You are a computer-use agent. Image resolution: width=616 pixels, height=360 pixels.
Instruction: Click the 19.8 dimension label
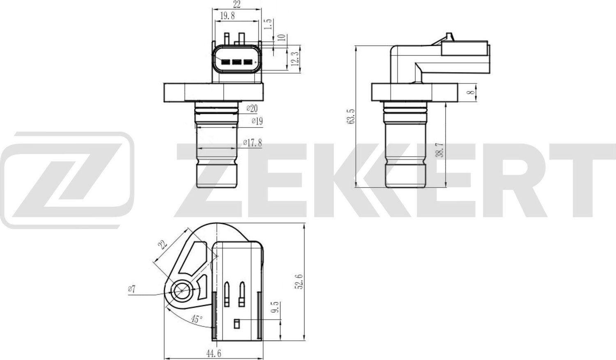pos(227,16)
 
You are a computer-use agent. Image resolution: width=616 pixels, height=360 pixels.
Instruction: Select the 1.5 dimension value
pos(268,24)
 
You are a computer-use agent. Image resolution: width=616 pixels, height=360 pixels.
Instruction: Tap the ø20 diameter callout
pos(252,108)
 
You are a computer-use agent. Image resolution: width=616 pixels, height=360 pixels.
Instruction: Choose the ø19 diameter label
pos(257,121)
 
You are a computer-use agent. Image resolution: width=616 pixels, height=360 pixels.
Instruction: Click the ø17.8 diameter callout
pos(252,142)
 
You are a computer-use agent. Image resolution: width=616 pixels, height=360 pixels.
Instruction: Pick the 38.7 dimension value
pos(439,150)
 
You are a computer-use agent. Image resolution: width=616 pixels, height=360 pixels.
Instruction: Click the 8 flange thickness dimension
pos(472,92)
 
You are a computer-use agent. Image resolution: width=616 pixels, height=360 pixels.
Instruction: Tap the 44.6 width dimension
pos(212,353)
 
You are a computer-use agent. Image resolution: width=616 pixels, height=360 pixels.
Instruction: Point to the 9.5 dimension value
pos(275,307)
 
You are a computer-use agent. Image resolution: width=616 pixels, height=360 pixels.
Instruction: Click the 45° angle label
pos(197,319)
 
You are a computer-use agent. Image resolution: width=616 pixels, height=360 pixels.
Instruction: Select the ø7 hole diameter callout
pos(131,289)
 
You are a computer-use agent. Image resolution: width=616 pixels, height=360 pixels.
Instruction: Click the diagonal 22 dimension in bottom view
pos(163,245)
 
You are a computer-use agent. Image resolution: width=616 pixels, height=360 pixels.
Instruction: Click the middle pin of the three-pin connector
pos(237,62)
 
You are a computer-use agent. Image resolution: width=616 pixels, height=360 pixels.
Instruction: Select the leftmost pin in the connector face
pos(225,62)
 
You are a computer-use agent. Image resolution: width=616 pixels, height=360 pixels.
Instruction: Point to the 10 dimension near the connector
pos(281,37)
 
